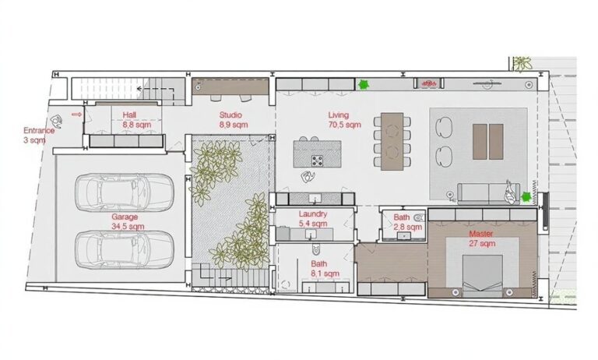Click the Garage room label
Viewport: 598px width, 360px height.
point(128,222)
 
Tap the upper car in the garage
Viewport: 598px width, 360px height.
point(125,192)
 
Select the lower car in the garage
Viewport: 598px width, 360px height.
point(125,249)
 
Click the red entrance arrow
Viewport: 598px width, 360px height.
point(76,114)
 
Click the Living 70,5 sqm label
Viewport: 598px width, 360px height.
point(344,120)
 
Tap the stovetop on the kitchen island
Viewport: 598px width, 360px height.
point(317,161)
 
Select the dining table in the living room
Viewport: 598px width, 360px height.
point(392,141)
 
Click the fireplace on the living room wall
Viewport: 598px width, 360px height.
point(430,83)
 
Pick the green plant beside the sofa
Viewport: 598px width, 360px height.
point(526,197)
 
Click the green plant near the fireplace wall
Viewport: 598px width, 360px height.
point(363,84)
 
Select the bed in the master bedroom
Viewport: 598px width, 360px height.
point(483,276)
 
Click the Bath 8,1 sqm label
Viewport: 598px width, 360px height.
point(325,269)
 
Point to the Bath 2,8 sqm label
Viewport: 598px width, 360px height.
point(407,222)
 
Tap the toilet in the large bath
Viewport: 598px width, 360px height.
point(316,249)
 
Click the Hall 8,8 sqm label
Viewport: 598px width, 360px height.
point(136,120)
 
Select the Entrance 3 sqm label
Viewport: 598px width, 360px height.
point(38,135)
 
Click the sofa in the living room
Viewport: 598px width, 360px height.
point(488,193)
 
